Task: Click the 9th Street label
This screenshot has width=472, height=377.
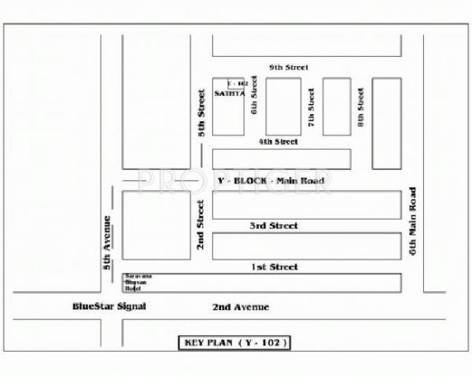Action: click(x=287, y=68)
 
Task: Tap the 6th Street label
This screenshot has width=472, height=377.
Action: click(x=254, y=100)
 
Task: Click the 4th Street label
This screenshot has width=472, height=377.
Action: click(x=278, y=142)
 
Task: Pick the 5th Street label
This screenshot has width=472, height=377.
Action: click(x=201, y=113)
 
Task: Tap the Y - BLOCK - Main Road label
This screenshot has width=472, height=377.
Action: click(x=270, y=181)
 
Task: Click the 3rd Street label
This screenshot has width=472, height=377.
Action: click(x=274, y=226)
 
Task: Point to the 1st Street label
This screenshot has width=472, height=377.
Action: click(x=275, y=267)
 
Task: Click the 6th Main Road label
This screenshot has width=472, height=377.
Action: click(x=411, y=221)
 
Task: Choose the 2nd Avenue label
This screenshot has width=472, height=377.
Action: click(x=241, y=306)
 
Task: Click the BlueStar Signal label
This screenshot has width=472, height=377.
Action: click(x=109, y=305)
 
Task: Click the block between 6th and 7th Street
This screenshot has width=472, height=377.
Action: click(x=283, y=106)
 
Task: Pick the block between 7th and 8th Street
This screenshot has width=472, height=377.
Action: click(x=337, y=106)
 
